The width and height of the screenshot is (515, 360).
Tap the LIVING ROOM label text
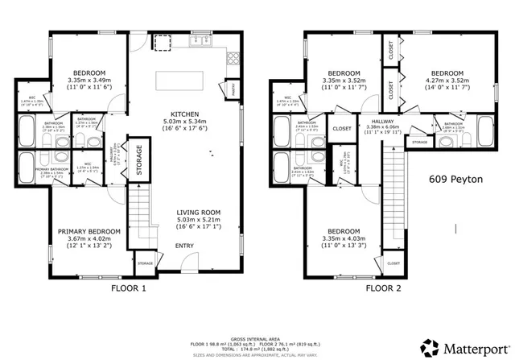coord(196,212)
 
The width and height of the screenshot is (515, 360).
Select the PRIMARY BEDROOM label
coord(89,231)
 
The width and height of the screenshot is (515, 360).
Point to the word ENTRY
coord(184,246)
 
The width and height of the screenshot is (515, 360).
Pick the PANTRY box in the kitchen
coord(232,88)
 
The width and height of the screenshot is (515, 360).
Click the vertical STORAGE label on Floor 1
coord(138,160)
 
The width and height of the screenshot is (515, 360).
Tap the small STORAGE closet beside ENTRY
coord(145,263)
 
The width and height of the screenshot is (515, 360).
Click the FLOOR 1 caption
coord(129,288)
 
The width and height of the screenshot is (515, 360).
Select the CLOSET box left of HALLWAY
coord(342,128)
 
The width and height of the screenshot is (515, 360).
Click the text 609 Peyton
coord(455,180)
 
